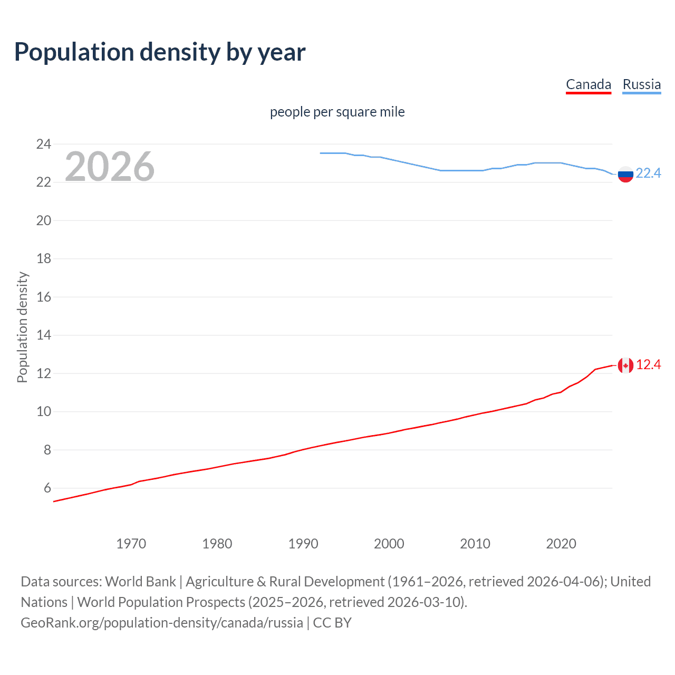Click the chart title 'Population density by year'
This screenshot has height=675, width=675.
pyautogui.click(x=160, y=52)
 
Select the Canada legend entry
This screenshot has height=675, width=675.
pyautogui.click(x=588, y=84)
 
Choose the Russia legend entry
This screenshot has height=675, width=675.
pyautogui.click(x=641, y=84)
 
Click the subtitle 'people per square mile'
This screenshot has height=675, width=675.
pyautogui.click(x=337, y=112)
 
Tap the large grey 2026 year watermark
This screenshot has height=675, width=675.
pyautogui.click(x=110, y=167)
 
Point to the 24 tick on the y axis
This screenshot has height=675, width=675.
pyautogui.click(x=44, y=144)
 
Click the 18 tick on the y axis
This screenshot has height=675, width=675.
pyautogui.click(x=44, y=258)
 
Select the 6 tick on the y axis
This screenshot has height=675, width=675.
pyautogui.click(x=47, y=488)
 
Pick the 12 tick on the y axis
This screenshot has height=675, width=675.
pyautogui.click(x=44, y=373)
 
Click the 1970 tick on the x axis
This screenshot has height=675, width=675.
pyautogui.click(x=131, y=544)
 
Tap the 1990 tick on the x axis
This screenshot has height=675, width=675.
pyautogui.click(x=303, y=544)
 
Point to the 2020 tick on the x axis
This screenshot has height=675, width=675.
pyautogui.click(x=561, y=544)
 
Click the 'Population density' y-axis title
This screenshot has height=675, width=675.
pyautogui.click(x=22, y=327)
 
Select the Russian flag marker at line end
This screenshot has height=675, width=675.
pyautogui.click(x=625, y=174)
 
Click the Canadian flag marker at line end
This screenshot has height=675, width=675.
pyautogui.click(x=625, y=365)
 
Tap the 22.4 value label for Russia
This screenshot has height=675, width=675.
pyautogui.click(x=648, y=173)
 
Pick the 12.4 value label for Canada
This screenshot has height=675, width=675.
pyautogui.click(x=648, y=364)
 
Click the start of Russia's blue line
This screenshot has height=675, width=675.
pyautogui.click(x=321, y=153)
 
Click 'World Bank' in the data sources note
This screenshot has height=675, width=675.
pyautogui.click(x=140, y=581)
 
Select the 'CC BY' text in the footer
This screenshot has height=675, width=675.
pyautogui.click(x=332, y=623)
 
